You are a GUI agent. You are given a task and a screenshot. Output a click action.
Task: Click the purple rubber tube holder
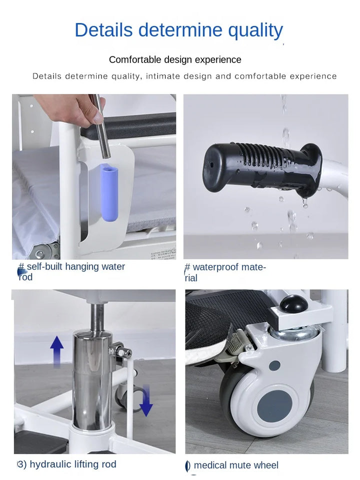tap(109, 192)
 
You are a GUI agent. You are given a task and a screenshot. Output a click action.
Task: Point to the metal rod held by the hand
tap(101, 126)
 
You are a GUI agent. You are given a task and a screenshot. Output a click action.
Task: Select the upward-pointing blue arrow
tap(57, 351)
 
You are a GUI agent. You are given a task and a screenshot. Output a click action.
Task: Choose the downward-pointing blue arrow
tap(146, 400)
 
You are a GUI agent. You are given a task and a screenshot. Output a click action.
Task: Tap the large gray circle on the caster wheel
tap(274, 405)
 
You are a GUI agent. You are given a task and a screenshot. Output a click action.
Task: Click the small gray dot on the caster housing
tap(274, 365)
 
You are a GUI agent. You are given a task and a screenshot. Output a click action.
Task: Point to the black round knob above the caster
tap(294, 303)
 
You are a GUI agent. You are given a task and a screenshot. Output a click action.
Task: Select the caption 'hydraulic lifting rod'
tap(73, 464)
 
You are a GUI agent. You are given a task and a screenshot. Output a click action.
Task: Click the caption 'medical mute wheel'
tap(236, 465)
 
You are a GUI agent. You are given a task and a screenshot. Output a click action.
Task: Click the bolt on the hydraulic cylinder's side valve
tap(123, 352)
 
